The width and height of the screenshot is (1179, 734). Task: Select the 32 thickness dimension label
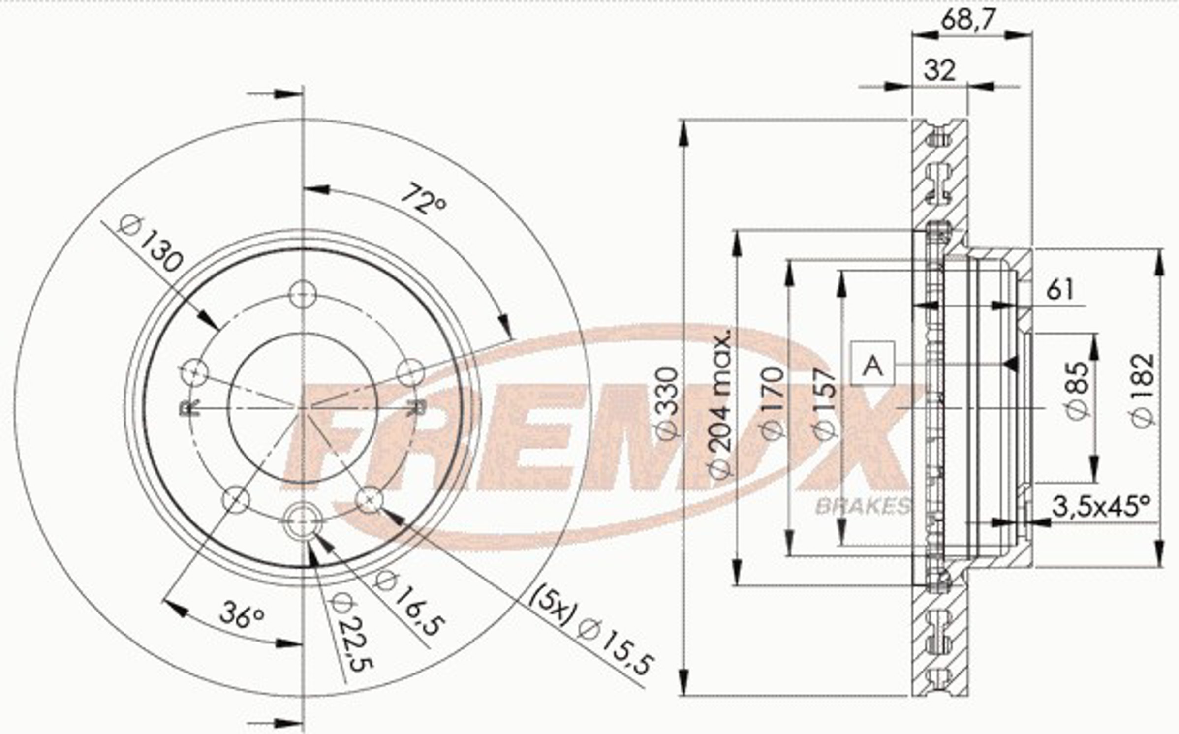pyautogui.click(x=939, y=70)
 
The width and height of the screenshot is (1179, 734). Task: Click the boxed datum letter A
pyautogui.click(x=873, y=365)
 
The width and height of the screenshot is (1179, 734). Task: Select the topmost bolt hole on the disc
pyautogui.click(x=302, y=294)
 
